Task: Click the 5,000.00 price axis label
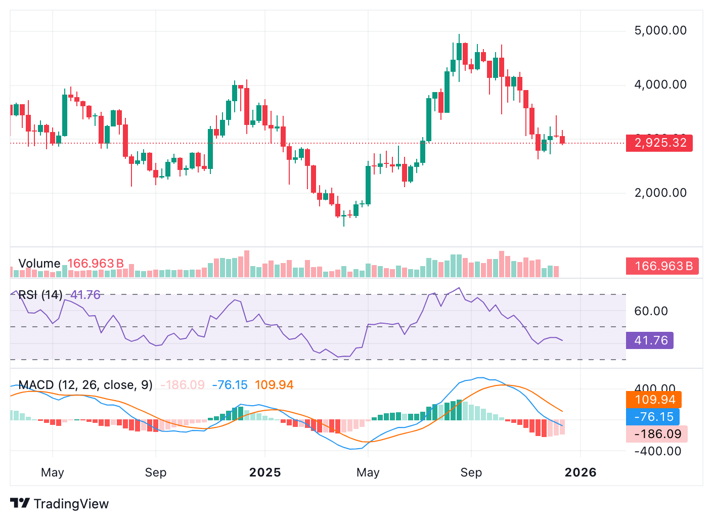pos(660,31)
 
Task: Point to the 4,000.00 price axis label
pos(660,85)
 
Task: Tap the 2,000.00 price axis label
pos(660,193)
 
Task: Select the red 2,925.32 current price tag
pos(659,143)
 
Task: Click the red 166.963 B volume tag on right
pos(662,266)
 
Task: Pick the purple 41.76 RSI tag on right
pos(650,341)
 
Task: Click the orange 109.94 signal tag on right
pos(654,400)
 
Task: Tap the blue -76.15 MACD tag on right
pos(653,417)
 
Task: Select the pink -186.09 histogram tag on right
pos(656,435)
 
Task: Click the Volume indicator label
pos(39,264)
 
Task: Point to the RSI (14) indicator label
pos(40,295)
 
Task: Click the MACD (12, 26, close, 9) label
pos(85,385)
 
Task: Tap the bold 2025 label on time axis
pos(265,473)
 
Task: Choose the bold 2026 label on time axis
pos(581,473)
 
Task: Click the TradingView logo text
pos(60,504)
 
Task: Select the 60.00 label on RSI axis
pos(651,312)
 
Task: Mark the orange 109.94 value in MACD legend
pos(274,385)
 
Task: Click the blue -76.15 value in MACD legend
pos(230,385)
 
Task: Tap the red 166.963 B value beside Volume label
pos(96,264)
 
